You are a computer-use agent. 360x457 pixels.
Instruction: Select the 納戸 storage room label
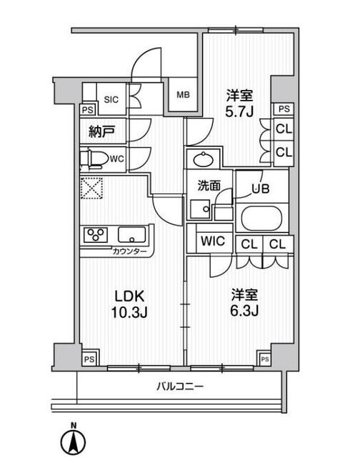pyautogui.click(x=102, y=131)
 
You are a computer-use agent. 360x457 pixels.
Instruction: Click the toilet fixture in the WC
pyautogui.click(x=94, y=159)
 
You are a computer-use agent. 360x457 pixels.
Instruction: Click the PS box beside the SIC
pyautogui.click(x=87, y=110)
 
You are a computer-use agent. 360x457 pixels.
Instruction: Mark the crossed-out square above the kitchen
pyautogui.click(x=93, y=189)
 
